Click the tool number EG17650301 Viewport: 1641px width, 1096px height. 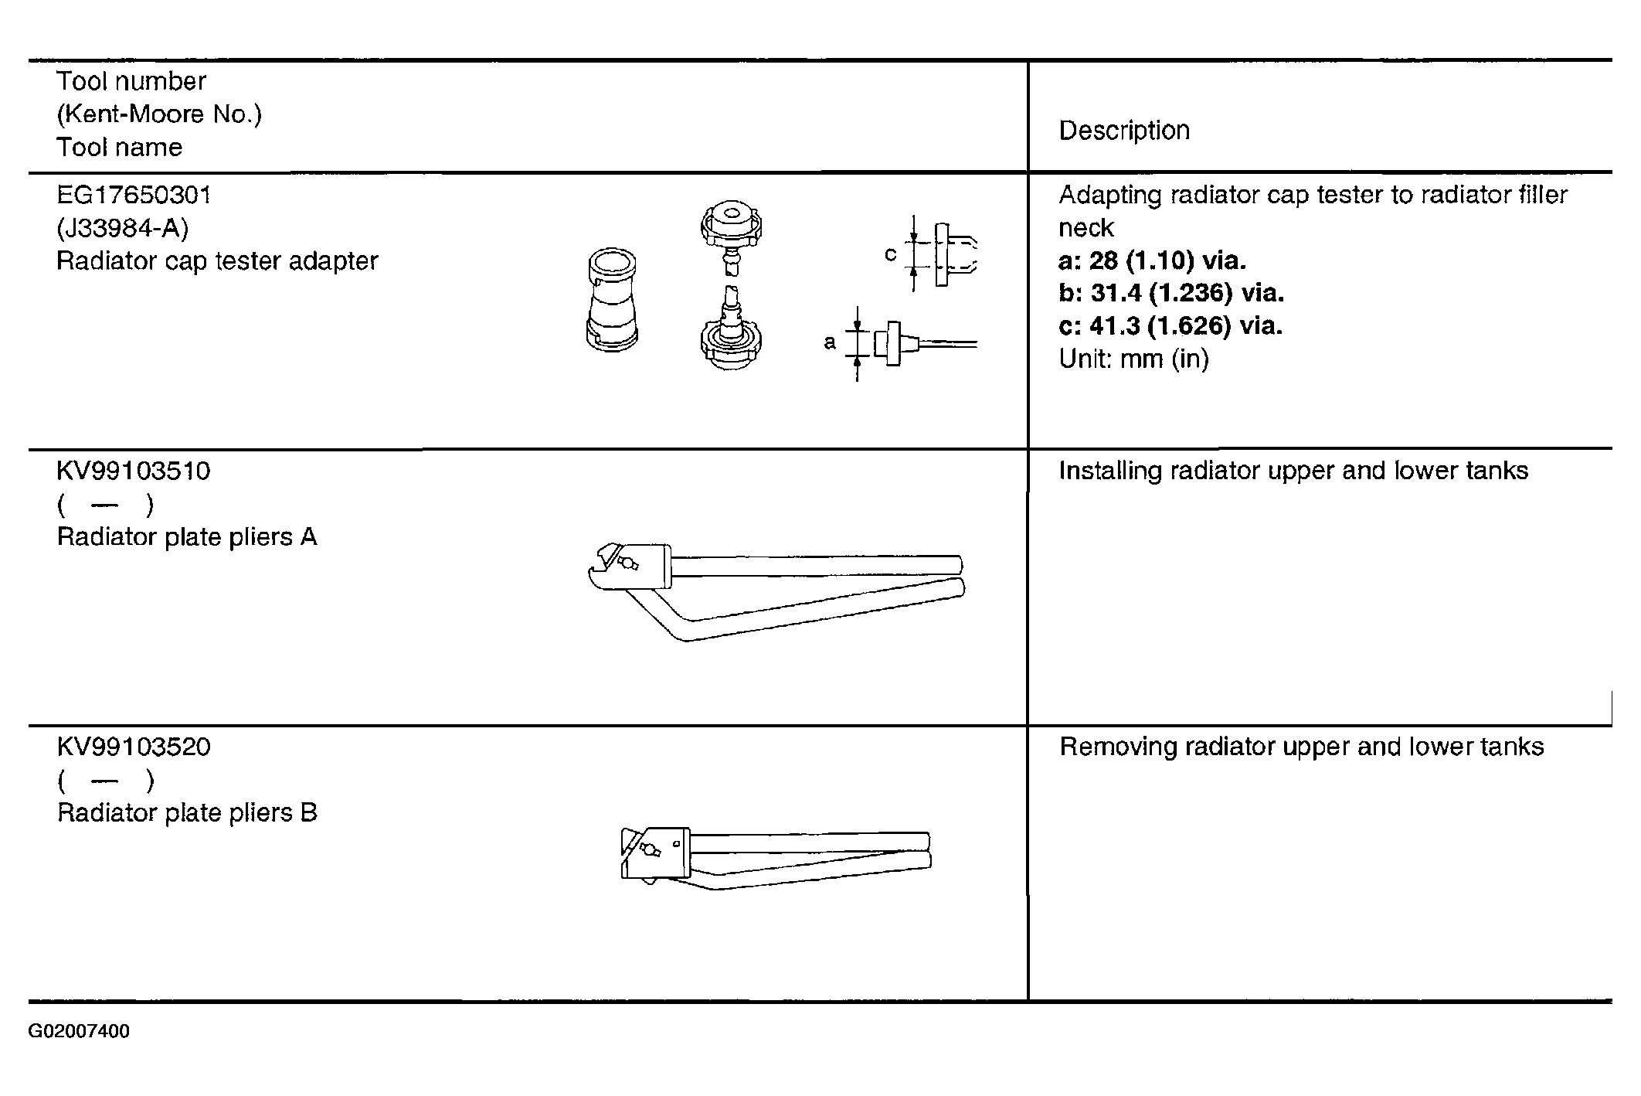pos(134,195)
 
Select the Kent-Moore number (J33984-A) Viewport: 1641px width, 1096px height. pos(123,228)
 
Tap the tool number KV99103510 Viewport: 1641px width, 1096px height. pos(134,471)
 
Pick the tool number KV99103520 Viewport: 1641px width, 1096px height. pos(134,747)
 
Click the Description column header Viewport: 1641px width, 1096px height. pos(1124,131)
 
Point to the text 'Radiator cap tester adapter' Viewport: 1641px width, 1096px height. pos(218,261)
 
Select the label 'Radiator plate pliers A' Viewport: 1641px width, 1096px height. pos(187,537)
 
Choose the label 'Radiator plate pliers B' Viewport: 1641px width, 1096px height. pos(187,813)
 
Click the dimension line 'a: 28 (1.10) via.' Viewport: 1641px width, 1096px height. pos(1153,260)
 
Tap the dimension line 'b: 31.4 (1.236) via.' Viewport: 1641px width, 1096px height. pos(1172,293)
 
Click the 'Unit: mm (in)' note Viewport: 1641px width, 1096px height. pos(1134,359)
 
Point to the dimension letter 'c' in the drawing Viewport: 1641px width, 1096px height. pos(890,254)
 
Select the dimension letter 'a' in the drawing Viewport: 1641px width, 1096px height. pos(830,342)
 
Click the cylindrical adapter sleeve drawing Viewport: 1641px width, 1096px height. pos(611,300)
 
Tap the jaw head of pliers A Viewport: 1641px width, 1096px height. pos(628,567)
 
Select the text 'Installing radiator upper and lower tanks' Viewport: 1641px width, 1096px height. pos(1293,471)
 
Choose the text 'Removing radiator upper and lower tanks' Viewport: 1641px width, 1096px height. pos(1302,747)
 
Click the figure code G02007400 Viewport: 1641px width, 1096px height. pos(79,1032)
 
